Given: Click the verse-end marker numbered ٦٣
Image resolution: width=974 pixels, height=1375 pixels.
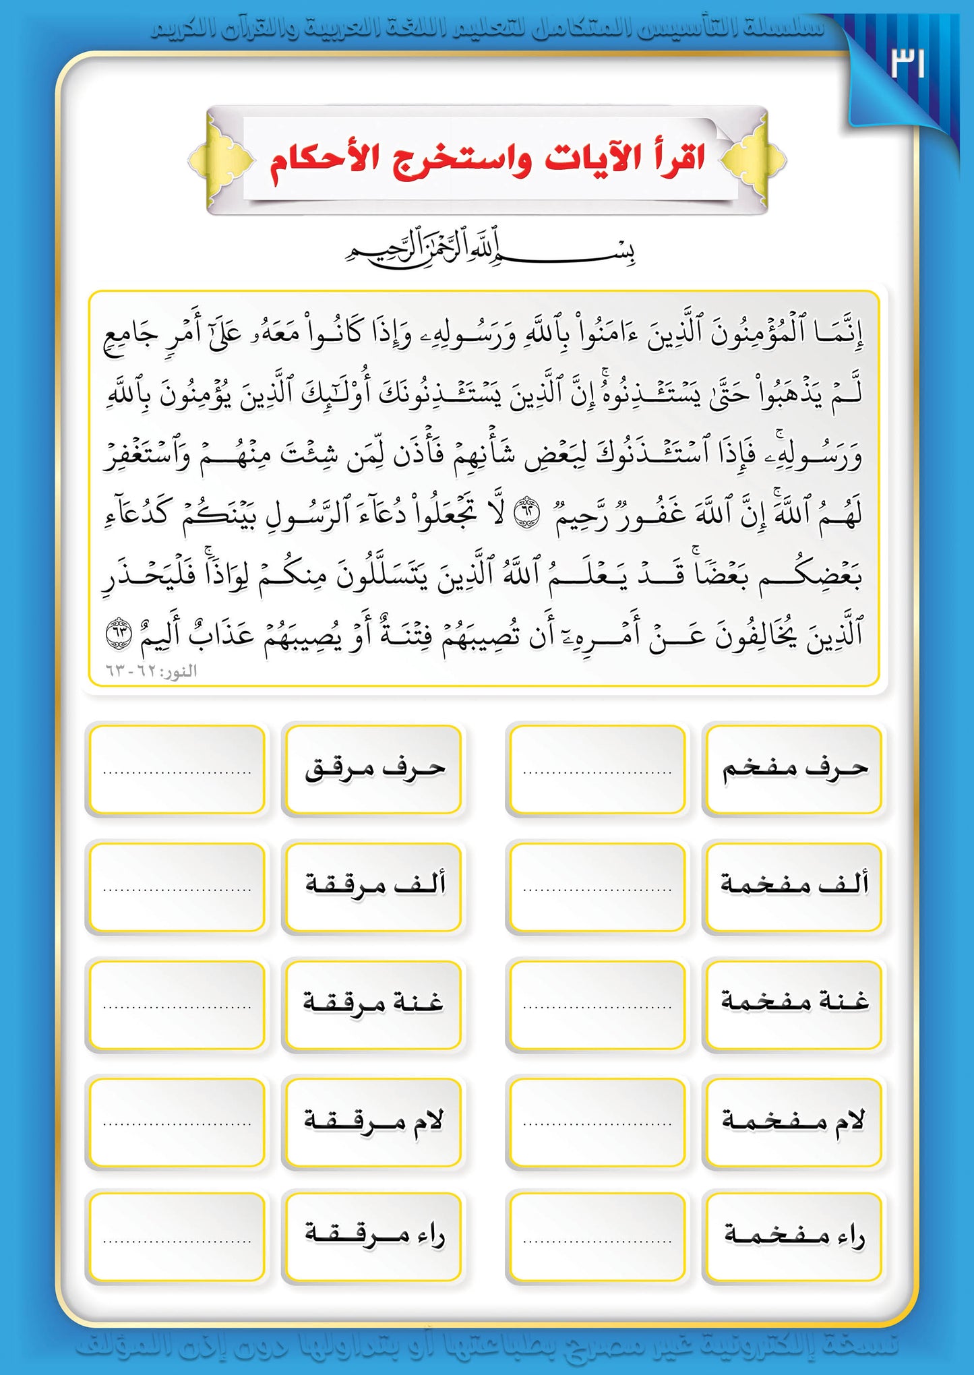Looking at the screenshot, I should (119, 634).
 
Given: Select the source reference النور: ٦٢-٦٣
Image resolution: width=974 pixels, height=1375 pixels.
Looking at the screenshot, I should (151, 671).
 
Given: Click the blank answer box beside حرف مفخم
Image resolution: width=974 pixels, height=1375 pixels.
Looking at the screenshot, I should (597, 769).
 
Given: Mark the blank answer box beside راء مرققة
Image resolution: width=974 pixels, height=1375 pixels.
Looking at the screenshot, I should (176, 1235).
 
